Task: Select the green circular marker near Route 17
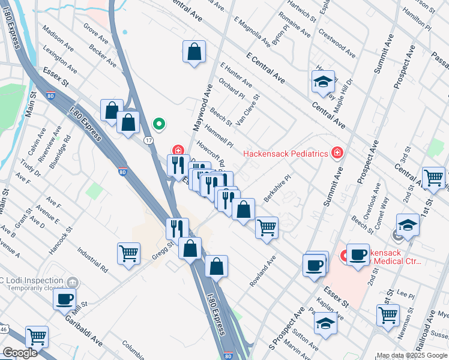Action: tap(158, 124)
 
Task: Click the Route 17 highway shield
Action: tap(148, 140)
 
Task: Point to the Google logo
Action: tap(20, 353)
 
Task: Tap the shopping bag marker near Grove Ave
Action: tap(194, 52)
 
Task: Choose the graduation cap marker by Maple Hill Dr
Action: tap(323, 82)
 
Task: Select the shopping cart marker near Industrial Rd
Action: tap(128, 254)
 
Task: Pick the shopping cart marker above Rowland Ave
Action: tap(266, 228)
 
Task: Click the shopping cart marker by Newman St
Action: tap(388, 314)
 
